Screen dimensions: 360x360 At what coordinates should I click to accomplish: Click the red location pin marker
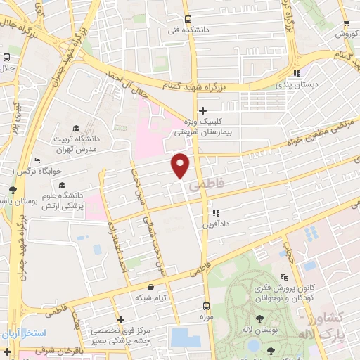181,165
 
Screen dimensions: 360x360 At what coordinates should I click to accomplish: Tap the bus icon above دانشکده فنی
187,20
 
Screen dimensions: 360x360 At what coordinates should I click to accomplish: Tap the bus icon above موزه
206,307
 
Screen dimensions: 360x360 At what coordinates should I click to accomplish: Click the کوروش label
347,34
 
